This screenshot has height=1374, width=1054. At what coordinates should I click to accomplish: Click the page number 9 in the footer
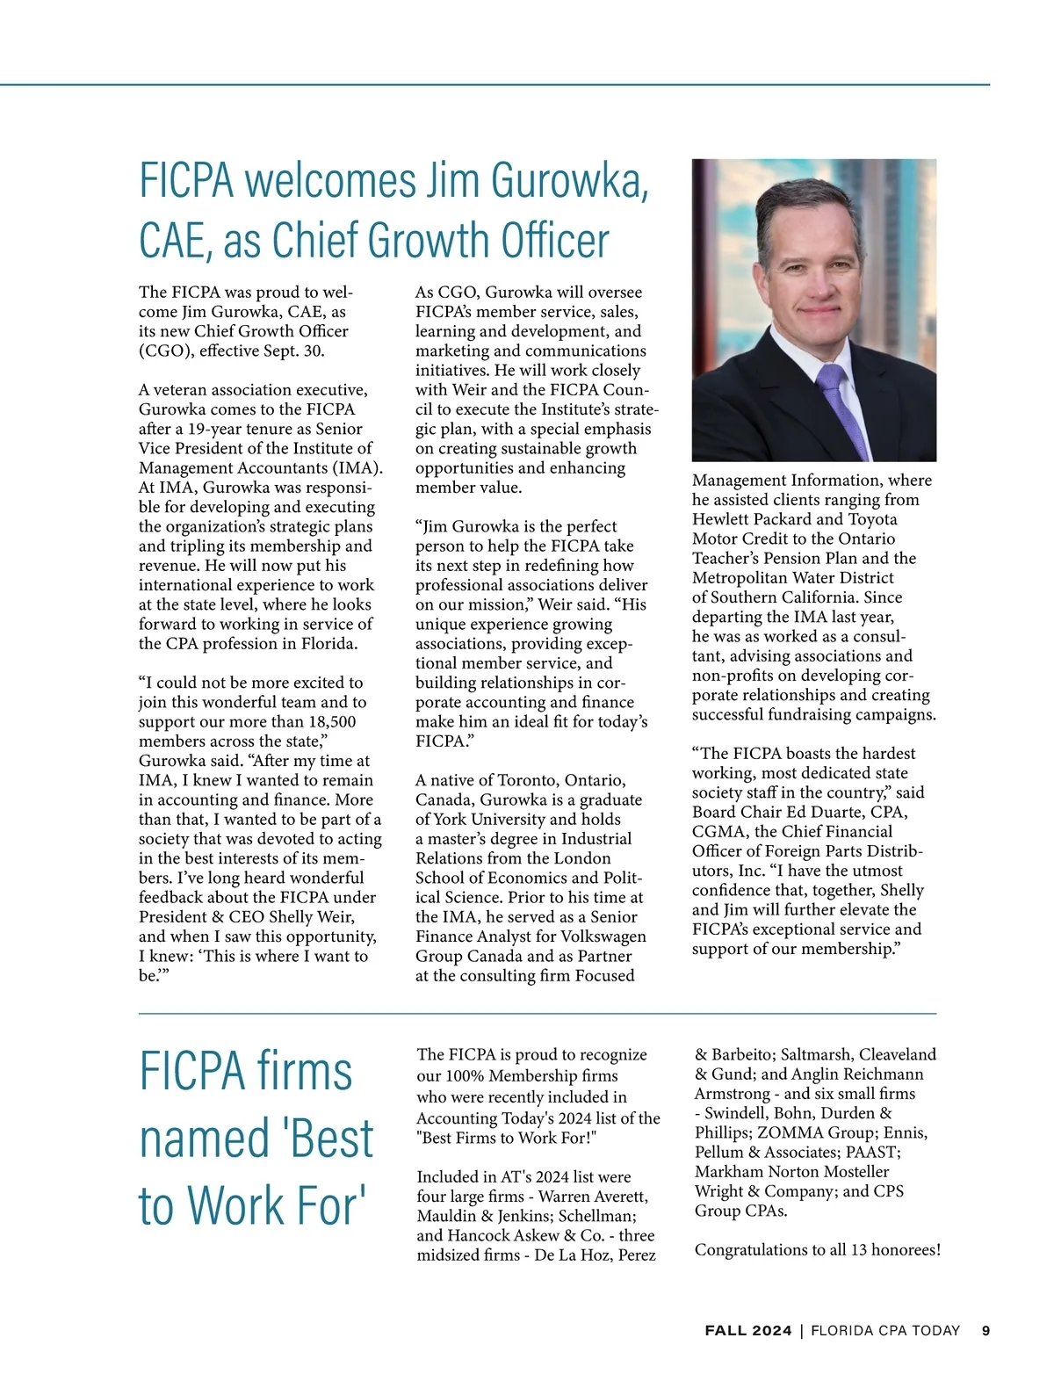click(985, 1331)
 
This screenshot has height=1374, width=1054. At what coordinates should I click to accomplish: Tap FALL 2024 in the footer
click(747, 1331)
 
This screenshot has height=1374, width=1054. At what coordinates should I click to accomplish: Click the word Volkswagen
click(603, 936)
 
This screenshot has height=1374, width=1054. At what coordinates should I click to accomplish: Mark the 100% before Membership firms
click(465, 1075)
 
